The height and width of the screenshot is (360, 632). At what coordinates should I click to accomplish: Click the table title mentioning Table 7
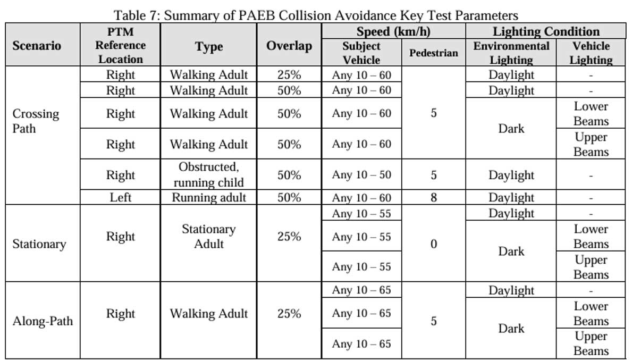pos(316,15)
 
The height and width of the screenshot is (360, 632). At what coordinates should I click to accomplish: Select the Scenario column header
pos(37,45)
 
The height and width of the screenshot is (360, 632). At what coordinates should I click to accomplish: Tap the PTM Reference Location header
pos(120,45)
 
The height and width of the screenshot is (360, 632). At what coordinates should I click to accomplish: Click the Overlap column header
pos(289,46)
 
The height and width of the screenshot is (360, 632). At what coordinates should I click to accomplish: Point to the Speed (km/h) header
pos(393,31)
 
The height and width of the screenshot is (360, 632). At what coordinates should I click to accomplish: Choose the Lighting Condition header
pos(545,31)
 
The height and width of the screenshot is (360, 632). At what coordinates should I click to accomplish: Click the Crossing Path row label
pos(36,121)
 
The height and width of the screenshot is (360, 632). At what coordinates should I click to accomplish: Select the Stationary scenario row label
pos(39,244)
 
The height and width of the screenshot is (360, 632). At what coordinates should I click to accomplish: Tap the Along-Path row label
pos(43,321)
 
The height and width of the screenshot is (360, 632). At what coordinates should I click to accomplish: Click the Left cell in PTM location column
pos(120,198)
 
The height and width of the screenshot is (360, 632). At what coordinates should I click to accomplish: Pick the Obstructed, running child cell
pos(208,174)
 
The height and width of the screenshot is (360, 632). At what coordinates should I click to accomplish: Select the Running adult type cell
pos(208,198)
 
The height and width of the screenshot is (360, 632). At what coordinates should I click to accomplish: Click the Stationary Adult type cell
pos(208,237)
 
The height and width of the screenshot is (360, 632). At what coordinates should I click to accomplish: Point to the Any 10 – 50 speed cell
pos(361,175)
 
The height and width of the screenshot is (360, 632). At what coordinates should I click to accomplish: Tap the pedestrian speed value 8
pos(433,198)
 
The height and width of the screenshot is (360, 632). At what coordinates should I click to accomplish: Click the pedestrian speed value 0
pos(433,244)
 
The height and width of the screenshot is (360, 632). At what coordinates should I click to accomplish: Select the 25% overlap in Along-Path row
pos(289,314)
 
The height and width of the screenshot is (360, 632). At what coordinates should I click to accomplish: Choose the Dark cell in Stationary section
pos(511,252)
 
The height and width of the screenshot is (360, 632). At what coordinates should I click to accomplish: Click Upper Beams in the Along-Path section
pos(591,344)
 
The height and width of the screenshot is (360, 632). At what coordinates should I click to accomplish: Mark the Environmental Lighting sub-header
pos(511,53)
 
